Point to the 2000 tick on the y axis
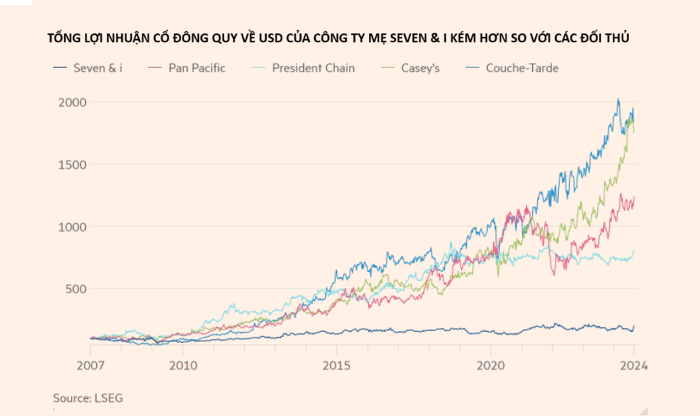tap(72, 102)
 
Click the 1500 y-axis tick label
tap(72, 164)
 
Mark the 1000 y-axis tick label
tap(72, 226)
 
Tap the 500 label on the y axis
tap(76, 288)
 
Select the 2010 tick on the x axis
tap(183, 365)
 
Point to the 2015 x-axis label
tap(336, 365)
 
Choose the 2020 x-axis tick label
tap(491, 365)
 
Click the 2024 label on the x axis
tap(633, 365)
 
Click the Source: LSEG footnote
tap(88, 398)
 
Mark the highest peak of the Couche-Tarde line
tap(619, 99)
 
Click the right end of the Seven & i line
tap(634, 326)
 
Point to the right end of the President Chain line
tap(634, 251)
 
